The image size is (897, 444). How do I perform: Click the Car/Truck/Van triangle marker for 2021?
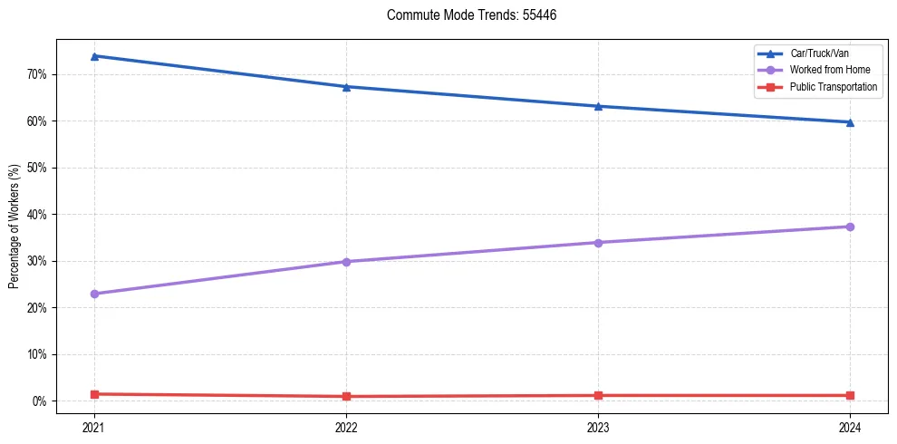[x=94, y=56]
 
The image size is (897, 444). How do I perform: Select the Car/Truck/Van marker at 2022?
[x=346, y=87]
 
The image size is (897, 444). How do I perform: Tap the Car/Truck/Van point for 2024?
[x=850, y=122]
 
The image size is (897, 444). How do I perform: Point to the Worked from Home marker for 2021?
[x=94, y=294]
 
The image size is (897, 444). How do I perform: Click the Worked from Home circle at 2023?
[x=598, y=243]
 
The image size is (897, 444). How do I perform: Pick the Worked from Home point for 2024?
[x=850, y=227]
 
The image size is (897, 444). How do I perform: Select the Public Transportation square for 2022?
[x=346, y=396]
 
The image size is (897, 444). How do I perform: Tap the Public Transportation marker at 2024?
[x=850, y=395]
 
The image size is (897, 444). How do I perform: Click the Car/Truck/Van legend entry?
[x=819, y=53]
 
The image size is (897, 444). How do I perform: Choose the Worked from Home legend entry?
[x=830, y=70]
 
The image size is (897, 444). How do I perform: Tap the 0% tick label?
[x=38, y=401]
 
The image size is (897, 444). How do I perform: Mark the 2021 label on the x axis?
[x=94, y=427]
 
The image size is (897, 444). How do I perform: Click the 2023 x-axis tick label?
[x=598, y=427]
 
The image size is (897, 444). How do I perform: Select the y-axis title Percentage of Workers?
[x=14, y=227]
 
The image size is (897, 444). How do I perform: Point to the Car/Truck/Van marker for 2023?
[x=598, y=106]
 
